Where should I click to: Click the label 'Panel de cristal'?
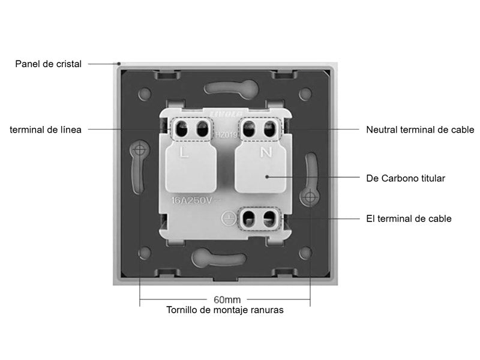[x=48, y=64]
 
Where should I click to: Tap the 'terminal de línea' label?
[x=46, y=129]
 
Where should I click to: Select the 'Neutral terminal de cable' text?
[x=420, y=130]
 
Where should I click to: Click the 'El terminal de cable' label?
[x=409, y=219]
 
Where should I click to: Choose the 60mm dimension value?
[x=227, y=299]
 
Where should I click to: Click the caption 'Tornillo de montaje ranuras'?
[x=225, y=310]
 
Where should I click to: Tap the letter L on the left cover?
[x=185, y=154]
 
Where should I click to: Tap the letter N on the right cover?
[x=265, y=152]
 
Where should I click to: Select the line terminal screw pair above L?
[x=193, y=128]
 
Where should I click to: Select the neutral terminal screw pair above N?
[x=260, y=128]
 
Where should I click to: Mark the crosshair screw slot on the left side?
[x=140, y=149]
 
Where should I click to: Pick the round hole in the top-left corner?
[x=145, y=94]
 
